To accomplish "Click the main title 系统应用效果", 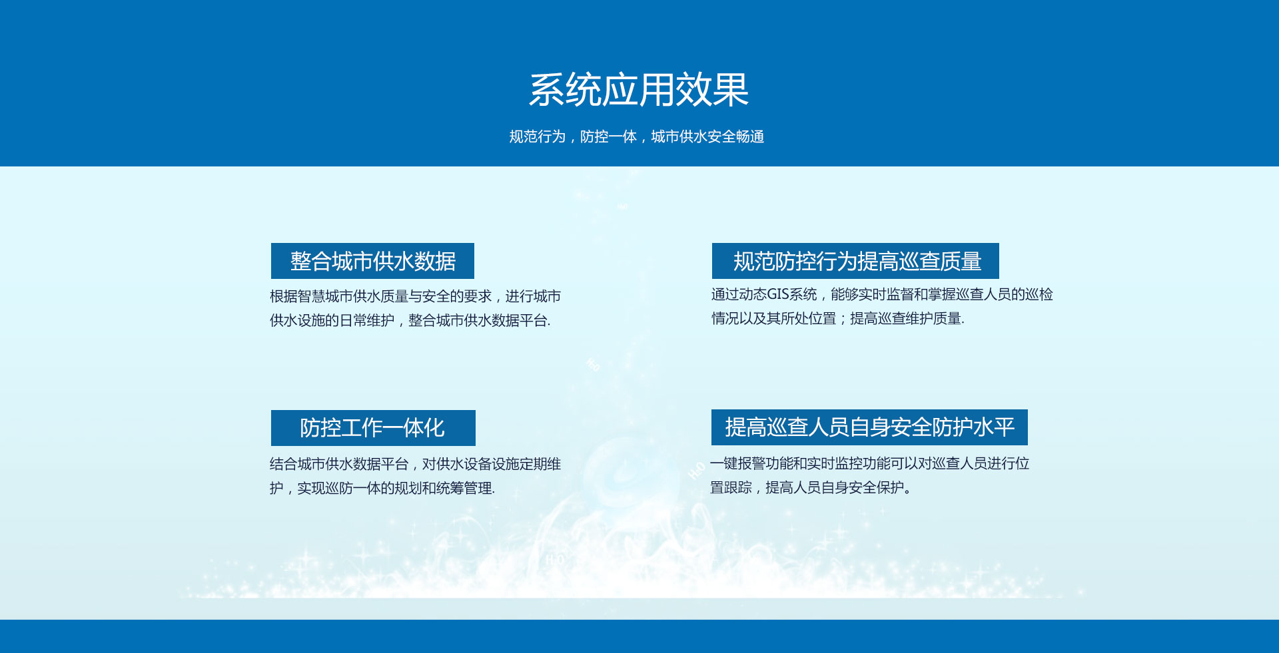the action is coord(639,90).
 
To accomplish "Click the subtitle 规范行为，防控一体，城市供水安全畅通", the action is coord(637,136).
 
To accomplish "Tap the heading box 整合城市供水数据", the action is coord(372,261).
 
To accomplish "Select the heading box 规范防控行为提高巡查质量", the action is coord(855,261).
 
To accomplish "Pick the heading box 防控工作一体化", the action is coord(373,428).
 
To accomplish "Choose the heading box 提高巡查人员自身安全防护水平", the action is coord(869,427).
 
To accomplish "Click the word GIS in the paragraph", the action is coord(778,294).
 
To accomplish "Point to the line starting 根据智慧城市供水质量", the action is coord(415,296).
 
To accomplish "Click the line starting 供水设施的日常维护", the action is coord(410,320).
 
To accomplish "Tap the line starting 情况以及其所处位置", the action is coord(837,318).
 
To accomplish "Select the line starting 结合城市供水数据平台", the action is coord(415,464).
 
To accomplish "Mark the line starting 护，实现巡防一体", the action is coord(382,488).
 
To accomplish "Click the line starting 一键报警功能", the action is coord(869,463).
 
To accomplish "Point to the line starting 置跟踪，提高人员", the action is coord(811,487).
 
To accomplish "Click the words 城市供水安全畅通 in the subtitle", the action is coord(707,136).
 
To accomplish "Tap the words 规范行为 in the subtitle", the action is coord(537,136).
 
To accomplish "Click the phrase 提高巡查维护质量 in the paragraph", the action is coord(906,318).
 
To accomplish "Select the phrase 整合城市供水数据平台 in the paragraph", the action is coord(478,320).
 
